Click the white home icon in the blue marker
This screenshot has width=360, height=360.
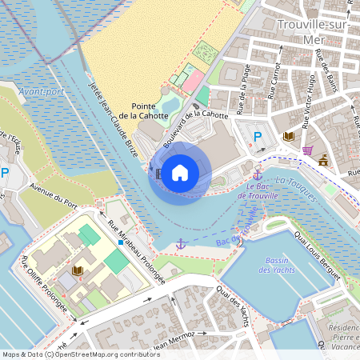point(180,173)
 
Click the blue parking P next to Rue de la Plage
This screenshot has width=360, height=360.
point(258,137)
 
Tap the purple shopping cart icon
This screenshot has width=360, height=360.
point(307,150)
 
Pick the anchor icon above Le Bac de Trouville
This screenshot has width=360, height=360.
point(258,174)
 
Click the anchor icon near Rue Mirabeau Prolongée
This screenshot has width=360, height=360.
point(181,242)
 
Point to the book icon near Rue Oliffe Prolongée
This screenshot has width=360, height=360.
point(77,271)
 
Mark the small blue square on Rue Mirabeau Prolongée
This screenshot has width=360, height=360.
point(120,242)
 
